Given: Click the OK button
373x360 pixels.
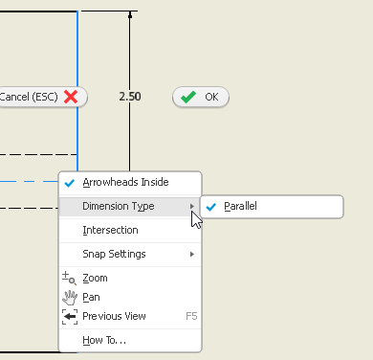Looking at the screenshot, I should pos(201,97).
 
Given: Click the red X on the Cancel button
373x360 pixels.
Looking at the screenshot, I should pos(71,97).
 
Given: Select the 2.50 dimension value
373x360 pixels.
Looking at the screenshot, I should pos(130,97).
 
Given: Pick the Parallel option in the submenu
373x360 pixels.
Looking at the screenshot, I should pos(240,206).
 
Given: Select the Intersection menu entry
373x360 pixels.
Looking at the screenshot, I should pos(110,230).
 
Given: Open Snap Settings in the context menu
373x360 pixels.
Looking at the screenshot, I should pos(114,254).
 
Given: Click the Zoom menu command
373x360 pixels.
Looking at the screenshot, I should pos(95,278).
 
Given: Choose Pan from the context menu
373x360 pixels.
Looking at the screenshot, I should pos(92,297).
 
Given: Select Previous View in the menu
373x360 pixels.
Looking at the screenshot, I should pos(114,316).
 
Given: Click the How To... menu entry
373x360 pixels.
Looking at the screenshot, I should pos(103,340).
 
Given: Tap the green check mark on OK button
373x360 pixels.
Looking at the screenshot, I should pos(188,97).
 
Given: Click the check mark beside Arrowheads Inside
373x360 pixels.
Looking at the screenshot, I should pos(69,182).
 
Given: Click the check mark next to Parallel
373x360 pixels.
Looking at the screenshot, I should pos(210,206).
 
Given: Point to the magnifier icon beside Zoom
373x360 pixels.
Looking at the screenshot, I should pos(69,278).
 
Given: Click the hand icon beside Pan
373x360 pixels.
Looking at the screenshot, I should pos(69,297).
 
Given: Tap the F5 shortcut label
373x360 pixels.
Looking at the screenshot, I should pos(190,316).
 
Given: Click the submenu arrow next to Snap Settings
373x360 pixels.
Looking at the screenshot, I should pos(192,254).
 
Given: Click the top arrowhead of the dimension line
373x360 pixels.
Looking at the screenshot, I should pos(131,15).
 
